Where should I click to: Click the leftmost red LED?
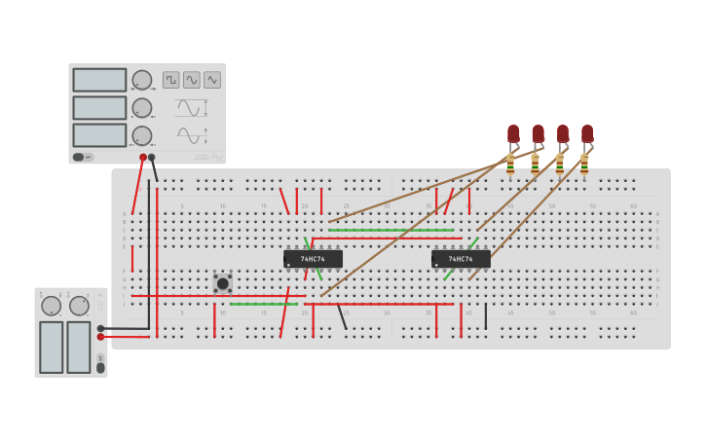(513, 133)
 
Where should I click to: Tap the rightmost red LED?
(587, 133)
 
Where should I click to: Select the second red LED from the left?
(538, 133)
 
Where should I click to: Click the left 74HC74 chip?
(313, 259)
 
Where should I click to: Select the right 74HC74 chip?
(461, 259)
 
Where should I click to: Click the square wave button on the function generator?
(171, 80)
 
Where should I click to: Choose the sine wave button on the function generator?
(192, 80)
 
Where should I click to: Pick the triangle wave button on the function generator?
(212, 80)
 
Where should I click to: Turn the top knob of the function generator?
(142, 80)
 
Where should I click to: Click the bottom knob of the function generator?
(142, 135)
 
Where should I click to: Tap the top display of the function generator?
(99, 80)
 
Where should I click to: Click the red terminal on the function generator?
(143, 157)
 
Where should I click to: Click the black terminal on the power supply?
(100, 328)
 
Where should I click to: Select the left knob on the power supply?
(51, 306)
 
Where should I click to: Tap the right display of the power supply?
(79, 347)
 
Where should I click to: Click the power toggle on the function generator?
(82, 157)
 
